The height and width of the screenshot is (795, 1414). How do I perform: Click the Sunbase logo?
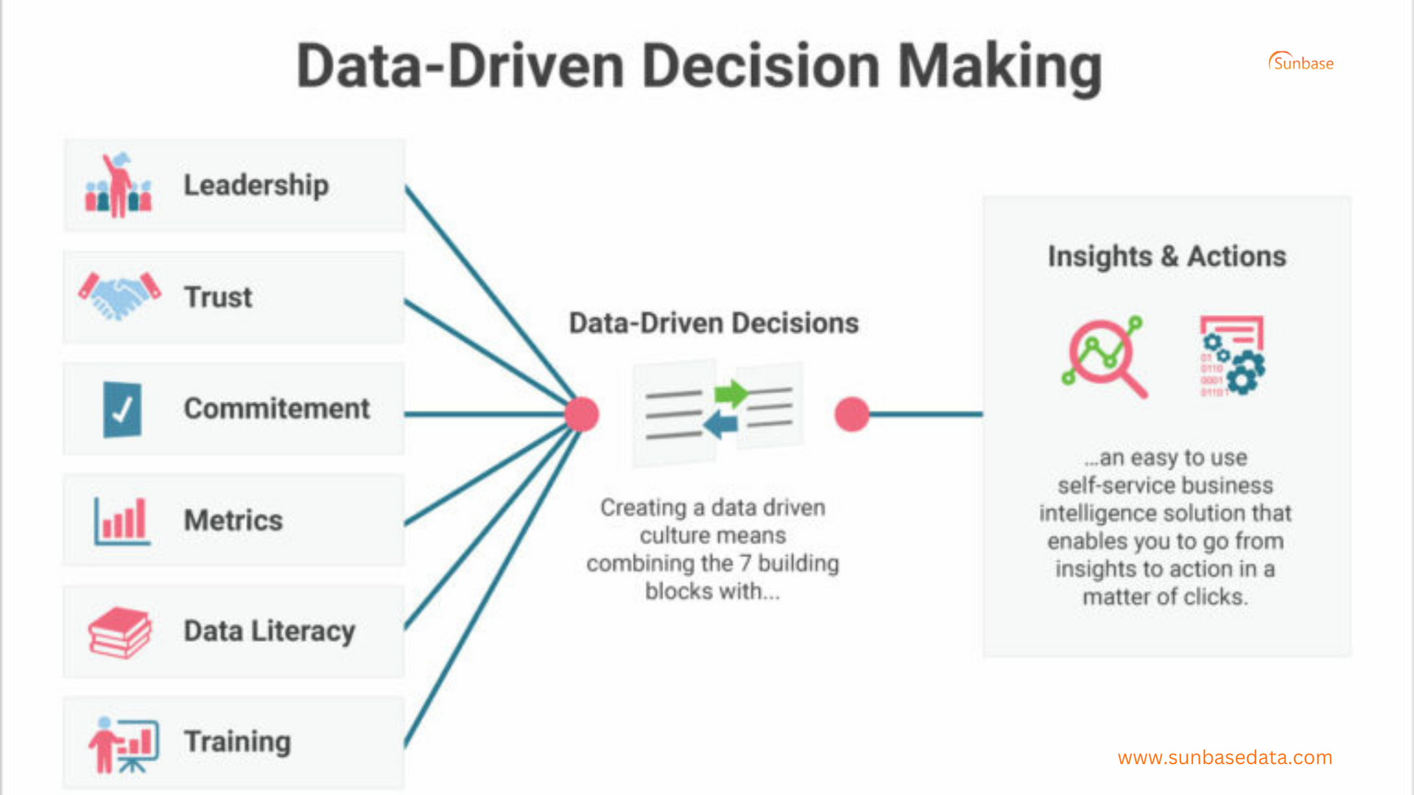click(x=1301, y=63)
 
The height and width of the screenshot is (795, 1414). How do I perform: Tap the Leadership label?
click(x=256, y=185)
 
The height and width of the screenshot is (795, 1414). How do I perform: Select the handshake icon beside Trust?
click(x=119, y=296)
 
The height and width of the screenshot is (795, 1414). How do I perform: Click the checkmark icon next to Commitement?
click(x=122, y=409)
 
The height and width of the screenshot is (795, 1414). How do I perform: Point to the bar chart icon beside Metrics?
click(x=122, y=520)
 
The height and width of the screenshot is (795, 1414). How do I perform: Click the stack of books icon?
click(x=119, y=632)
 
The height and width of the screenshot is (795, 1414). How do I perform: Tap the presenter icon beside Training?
click(x=123, y=744)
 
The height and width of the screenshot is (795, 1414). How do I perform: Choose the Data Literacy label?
click(x=269, y=632)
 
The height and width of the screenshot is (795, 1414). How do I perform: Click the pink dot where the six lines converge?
click(x=582, y=414)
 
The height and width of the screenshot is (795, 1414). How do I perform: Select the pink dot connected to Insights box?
click(x=852, y=414)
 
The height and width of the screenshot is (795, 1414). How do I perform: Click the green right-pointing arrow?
click(x=731, y=394)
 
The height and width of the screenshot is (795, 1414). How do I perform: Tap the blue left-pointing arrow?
click(x=720, y=424)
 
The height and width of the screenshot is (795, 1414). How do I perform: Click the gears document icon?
click(x=1232, y=356)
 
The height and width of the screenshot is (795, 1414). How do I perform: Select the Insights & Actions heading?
click(x=1167, y=256)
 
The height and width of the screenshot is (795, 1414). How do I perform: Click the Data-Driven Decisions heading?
click(x=714, y=323)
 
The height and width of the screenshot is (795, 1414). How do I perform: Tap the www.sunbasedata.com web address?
click(x=1225, y=757)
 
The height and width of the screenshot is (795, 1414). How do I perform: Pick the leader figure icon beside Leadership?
click(x=119, y=185)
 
